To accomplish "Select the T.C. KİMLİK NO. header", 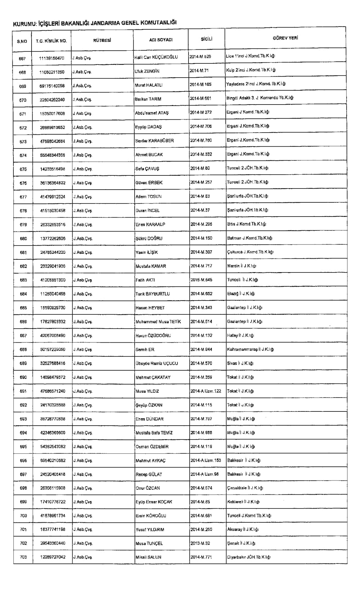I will pyautogui.click(x=51, y=41).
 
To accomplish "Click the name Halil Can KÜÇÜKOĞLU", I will pyautogui.click(x=156, y=57).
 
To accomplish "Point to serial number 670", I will pyautogui.click(x=23, y=100).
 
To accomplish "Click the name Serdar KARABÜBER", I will pyautogui.click(x=154, y=141).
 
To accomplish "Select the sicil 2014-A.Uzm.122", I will pyautogui.click(x=206, y=391).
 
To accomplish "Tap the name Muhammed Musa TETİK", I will pyautogui.click(x=158, y=322).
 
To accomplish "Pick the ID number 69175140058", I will pyautogui.click(x=52, y=86).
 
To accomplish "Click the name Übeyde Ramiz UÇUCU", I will pyautogui.click(x=157, y=363).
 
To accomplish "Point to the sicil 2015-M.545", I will pyautogui.click(x=201, y=280).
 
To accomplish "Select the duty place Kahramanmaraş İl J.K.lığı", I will pyautogui.click(x=250, y=349).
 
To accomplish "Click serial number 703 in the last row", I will pyautogui.click(x=23, y=557).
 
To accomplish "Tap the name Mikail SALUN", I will pyautogui.click(x=148, y=557).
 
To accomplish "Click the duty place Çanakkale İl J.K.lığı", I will pyautogui.click(x=245, y=488).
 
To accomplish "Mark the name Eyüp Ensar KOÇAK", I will pyautogui.click(x=154, y=502).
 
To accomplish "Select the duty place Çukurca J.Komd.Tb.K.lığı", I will pyautogui.click(x=250, y=252).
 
